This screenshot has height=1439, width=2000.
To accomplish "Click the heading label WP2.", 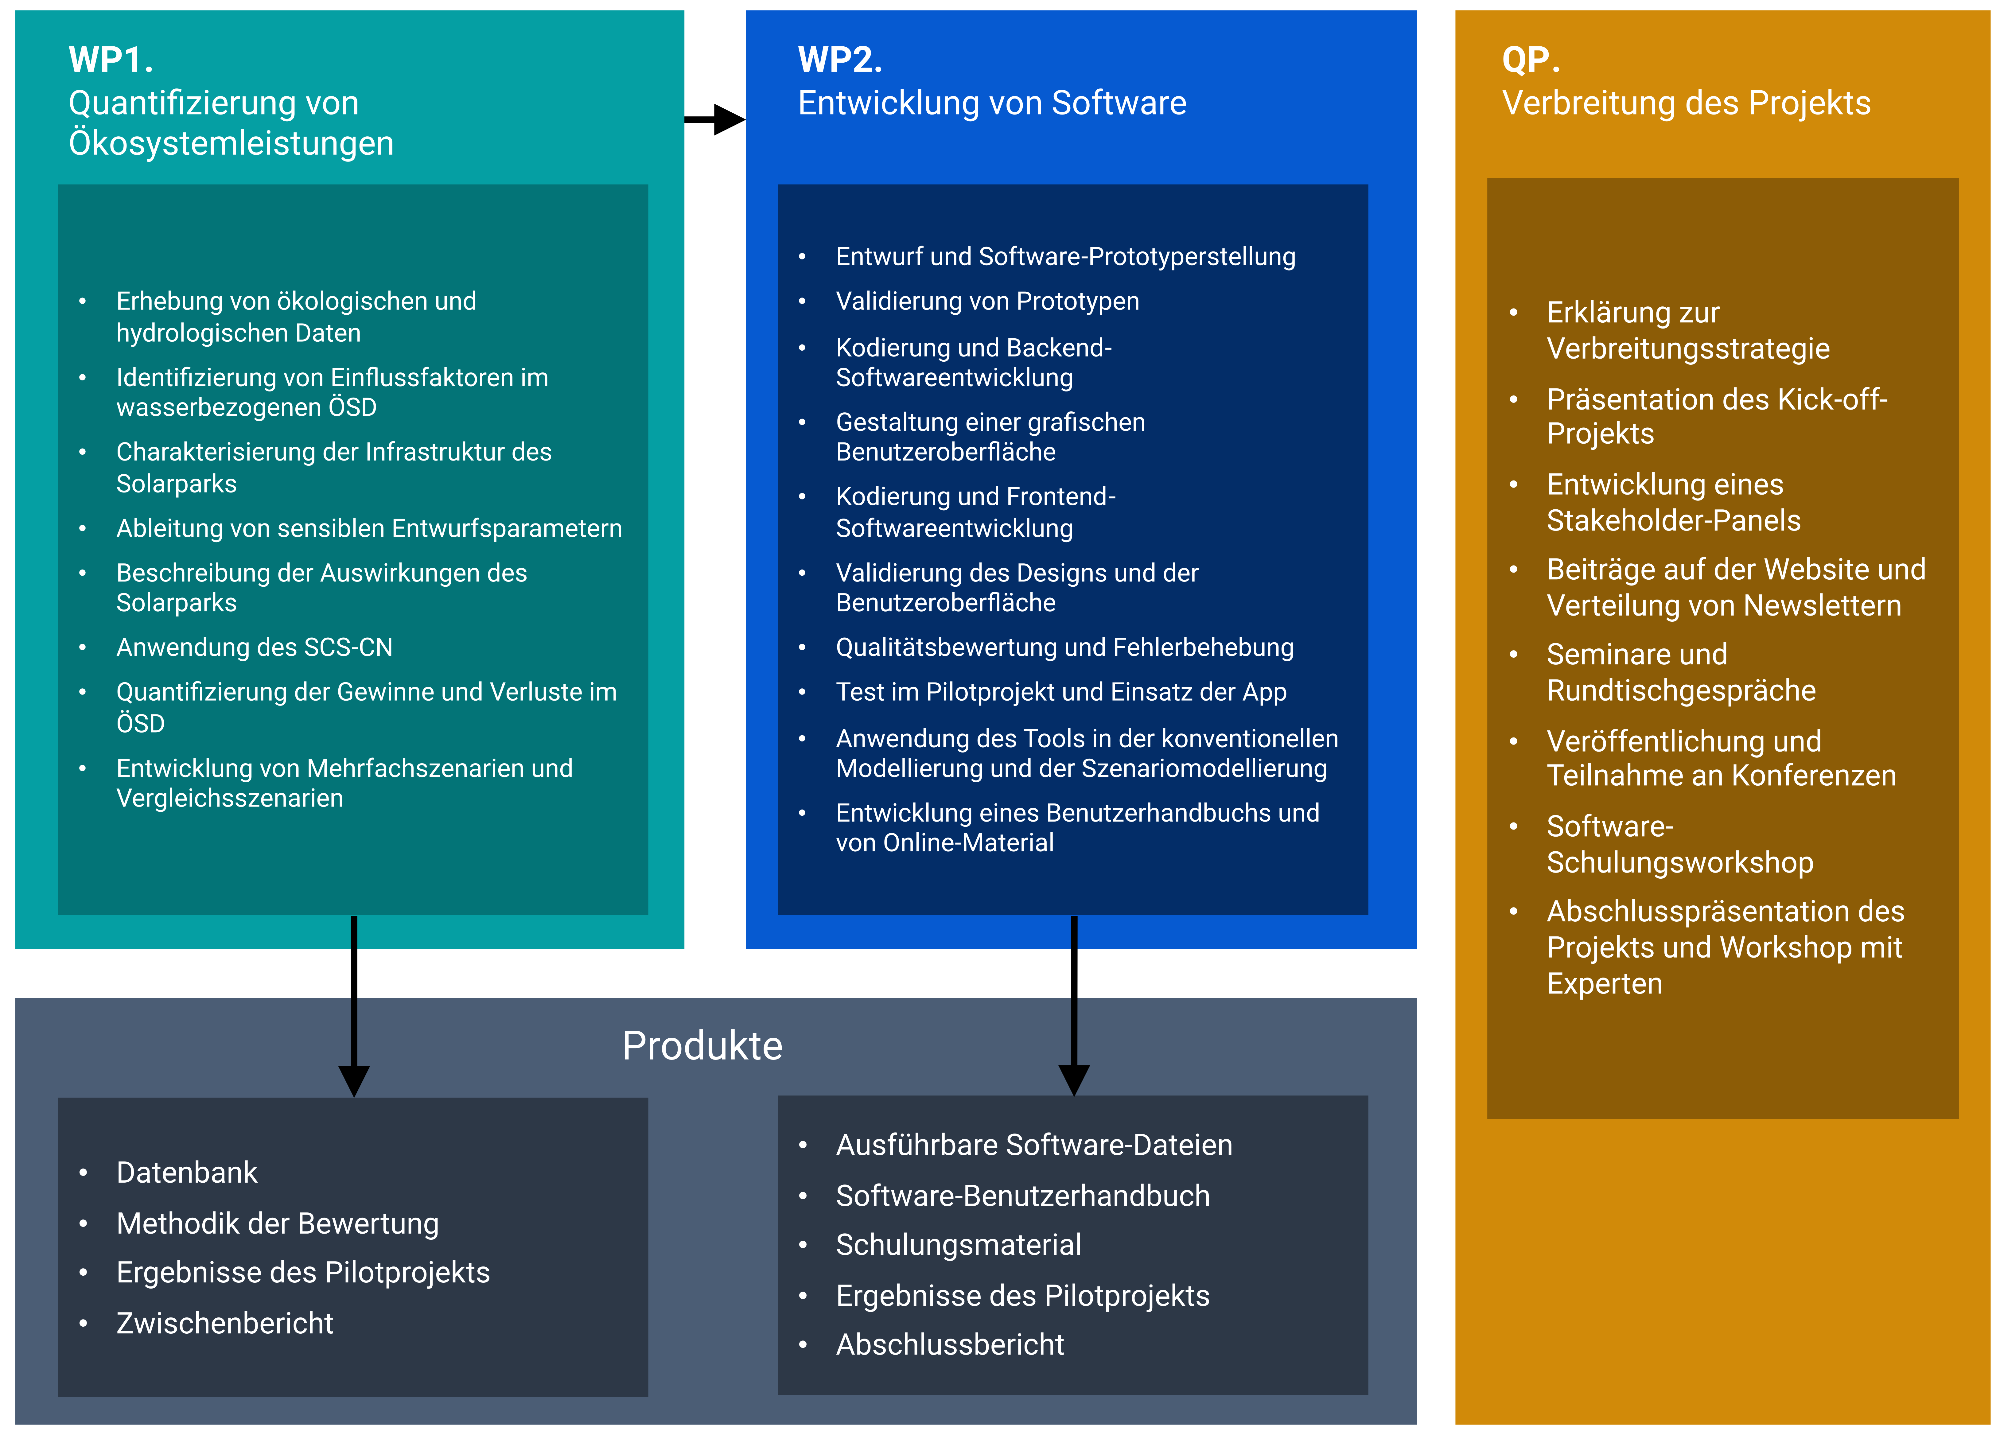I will [x=839, y=60].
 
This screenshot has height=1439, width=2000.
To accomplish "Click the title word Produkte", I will [x=702, y=1046].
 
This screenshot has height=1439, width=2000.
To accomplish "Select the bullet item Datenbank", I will [x=187, y=1173].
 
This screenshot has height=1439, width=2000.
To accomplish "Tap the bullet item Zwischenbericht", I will [x=225, y=1324].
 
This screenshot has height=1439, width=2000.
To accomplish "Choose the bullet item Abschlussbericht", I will [x=950, y=1345].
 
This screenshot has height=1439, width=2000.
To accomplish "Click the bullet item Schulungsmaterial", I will [x=959, y=1245].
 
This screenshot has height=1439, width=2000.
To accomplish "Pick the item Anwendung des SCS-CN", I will [x=254, y=647].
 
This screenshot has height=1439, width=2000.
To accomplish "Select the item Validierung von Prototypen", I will [x=987, y=301].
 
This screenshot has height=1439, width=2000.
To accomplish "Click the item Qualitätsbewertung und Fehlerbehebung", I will [x=1064, y=647].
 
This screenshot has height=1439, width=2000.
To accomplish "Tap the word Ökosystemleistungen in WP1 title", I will [x=231, y=143].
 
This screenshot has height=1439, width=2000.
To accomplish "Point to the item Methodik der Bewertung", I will [x=277, y=1224].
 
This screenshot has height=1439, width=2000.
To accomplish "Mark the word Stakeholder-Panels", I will [x=1673, y=521].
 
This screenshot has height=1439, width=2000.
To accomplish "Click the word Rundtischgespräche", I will [x=1681, y=690].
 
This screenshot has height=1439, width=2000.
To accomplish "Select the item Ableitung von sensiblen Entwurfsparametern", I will [x=369, y=528].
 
